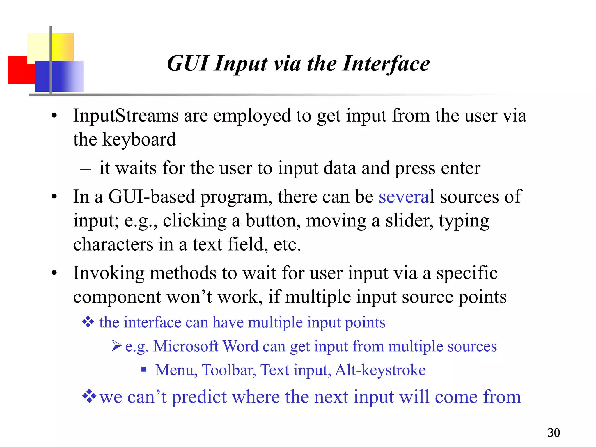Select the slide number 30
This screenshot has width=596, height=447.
click(554, 433)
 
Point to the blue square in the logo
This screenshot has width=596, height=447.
click(58, 76)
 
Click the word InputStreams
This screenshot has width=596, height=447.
click(126, 116)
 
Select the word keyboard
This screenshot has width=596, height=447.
click(139, 139)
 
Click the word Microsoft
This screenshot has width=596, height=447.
click(186, 346)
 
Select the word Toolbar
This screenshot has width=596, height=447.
click(229, 370)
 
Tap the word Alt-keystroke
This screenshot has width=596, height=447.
click(380, 370)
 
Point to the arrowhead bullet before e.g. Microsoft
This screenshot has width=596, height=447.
click(116, 346)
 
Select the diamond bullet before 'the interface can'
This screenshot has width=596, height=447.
click(88, 322)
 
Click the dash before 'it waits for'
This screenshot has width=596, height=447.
click(85, 169)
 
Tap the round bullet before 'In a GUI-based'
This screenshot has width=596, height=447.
click(54, 197)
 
